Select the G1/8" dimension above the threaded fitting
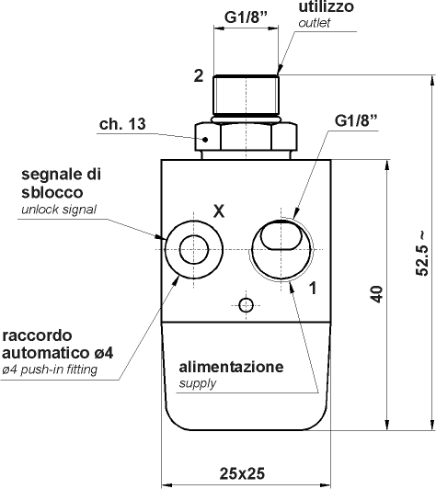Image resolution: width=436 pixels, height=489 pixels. [x=247, y=17]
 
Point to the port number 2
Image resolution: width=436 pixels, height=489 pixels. [x=198, y=76]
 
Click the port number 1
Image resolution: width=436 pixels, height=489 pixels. [x=314, y=288]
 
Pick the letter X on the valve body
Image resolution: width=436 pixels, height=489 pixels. [x=218, y=210]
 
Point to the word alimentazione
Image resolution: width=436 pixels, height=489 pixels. [x=231, y=367]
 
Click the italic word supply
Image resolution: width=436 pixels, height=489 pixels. [x=197, y=383]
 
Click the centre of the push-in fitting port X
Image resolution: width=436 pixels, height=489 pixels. [x=194, y=248]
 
